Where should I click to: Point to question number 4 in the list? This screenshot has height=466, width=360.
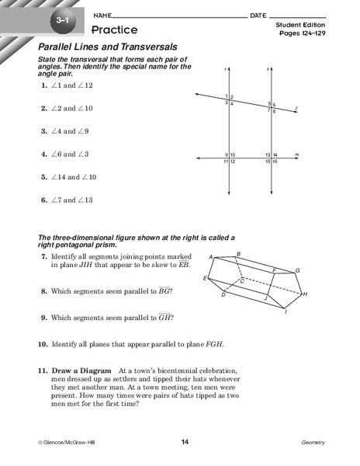43,154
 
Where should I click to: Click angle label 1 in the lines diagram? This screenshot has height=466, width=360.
227,97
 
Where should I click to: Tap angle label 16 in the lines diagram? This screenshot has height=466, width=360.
275,161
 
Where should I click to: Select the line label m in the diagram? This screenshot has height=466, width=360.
296,155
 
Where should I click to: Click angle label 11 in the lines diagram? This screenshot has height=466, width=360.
226,161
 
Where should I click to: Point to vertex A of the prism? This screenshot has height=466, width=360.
210,256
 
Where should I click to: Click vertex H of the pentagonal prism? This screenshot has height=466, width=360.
305,294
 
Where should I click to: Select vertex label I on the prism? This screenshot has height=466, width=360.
286,312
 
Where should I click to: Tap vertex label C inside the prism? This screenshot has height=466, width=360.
242,280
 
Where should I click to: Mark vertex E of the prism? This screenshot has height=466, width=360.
205,278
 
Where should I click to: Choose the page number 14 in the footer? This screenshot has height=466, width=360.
185,442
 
